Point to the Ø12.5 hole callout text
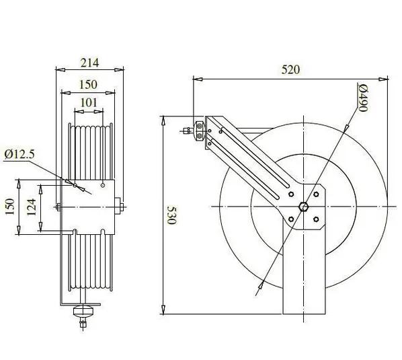click(21, 155)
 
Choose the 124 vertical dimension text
click(32, 207)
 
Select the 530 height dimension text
click(172, 215)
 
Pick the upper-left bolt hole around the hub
click(290, 193)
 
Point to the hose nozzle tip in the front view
click(184, 130)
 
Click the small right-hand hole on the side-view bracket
click(102, 185)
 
